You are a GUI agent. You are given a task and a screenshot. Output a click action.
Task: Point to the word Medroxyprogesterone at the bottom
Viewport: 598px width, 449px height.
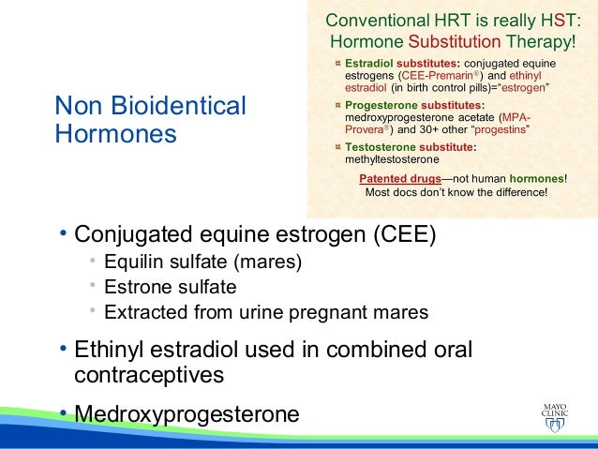tap(187, 413)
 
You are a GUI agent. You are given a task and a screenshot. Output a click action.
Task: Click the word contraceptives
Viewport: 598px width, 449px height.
tap(149, 376)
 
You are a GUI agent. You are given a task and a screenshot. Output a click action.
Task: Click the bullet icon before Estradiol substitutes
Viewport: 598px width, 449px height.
tap(337, 62)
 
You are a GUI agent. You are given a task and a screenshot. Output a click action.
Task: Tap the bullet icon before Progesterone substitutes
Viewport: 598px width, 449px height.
tap(337, 105)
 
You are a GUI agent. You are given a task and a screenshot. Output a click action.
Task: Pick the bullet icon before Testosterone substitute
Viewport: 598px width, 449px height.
tap(337, 147)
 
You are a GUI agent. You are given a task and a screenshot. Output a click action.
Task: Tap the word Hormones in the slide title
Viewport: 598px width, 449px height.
tap(115, 133)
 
